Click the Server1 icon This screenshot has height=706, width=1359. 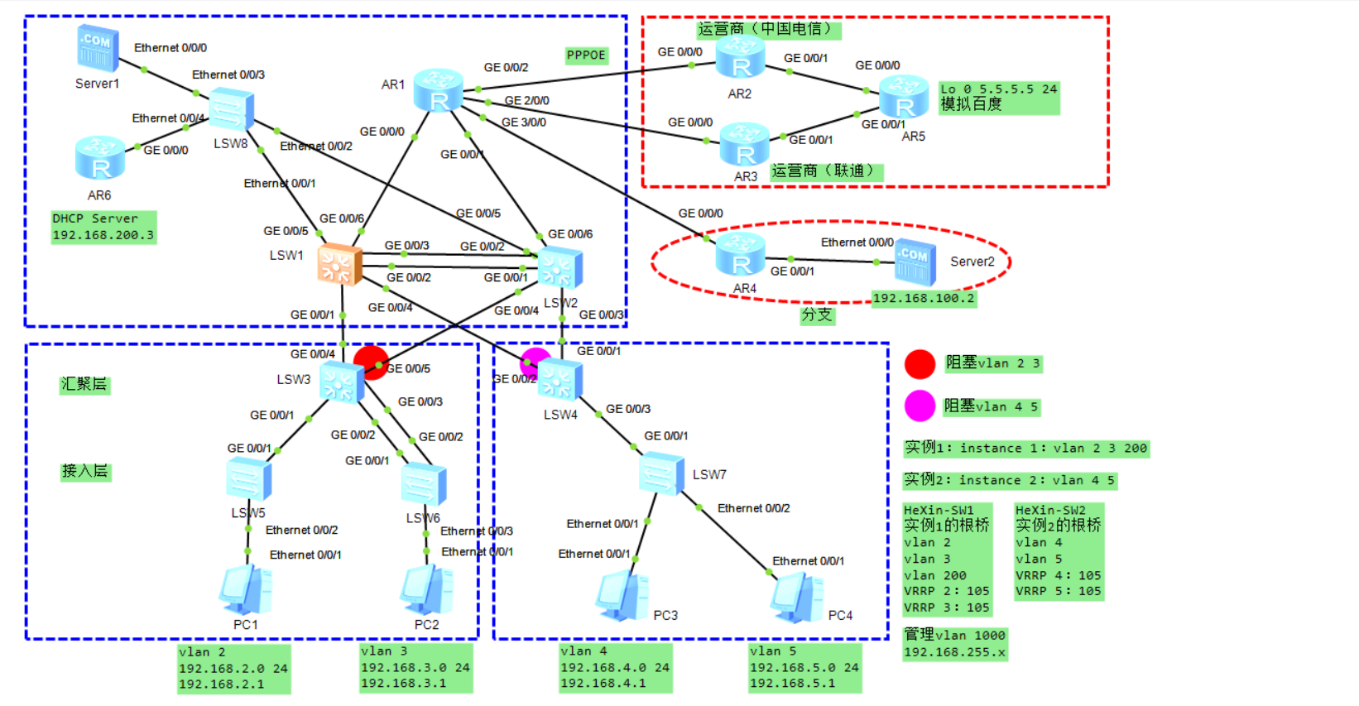pyautogui.click(x=98, y=49)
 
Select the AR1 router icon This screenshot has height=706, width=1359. pyautogui.click(x=438, y=91)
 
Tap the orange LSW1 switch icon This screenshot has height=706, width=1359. pyautogui.click(x=339, y=265)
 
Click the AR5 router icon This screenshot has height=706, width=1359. pyautogui.click(x=903, y=97)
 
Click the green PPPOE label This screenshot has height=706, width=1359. pyautogui.click(x=586, y=55)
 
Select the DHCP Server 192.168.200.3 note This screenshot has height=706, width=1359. pyautogui.click(x=103, y=227)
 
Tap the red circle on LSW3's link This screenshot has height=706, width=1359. pyautogui.click(x=370, y=363)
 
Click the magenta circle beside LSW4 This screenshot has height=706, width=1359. pyautogui.click(x=535, y=361)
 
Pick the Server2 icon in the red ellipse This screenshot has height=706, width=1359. pyautogui.click(x=915, y=262)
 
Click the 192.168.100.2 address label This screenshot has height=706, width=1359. pyautogui.click(x=924, y=299)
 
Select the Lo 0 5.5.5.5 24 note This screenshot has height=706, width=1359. pyautogui.click(x=998, y=97)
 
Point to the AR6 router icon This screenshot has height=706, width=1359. pyautogui.click(x=99, y=159)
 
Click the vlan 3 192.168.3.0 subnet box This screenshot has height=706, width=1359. pyautogui.click(x=415, y=668)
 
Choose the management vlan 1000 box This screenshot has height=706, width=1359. pyautogui.click(x=954, y=644)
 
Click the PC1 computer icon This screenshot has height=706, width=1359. pyautogui.click(x=246, y=591)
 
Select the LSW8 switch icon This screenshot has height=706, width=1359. pyautogui.click(x=231, y=109)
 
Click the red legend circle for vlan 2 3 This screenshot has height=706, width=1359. pyautogui.click(x=920, y=363)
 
